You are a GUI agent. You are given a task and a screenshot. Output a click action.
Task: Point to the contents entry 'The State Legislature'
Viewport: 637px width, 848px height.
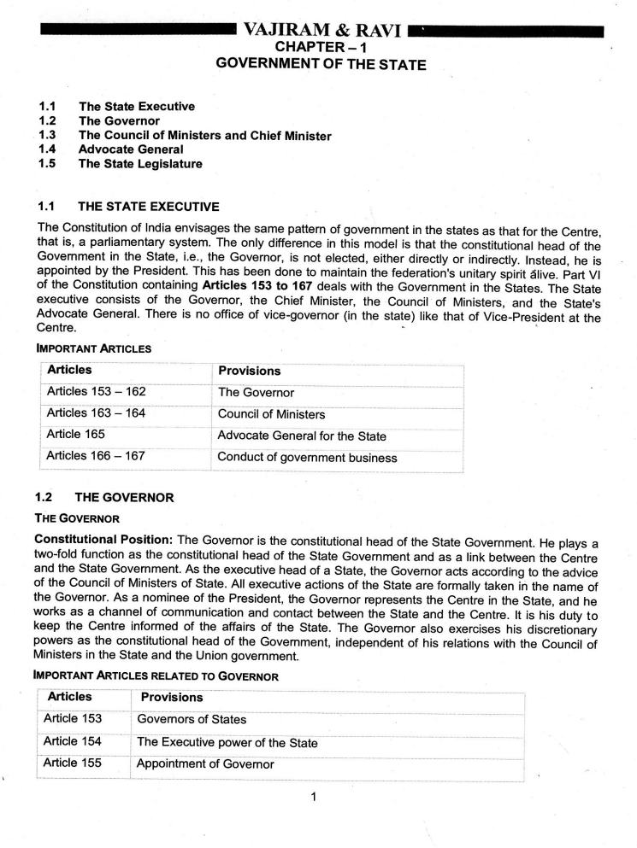click(x=141, y=163)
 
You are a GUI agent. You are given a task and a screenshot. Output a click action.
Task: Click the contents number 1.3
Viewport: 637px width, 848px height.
click(x=47, y=135)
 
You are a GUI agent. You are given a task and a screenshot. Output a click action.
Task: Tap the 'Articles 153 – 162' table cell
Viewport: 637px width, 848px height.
click(x=96, y=392)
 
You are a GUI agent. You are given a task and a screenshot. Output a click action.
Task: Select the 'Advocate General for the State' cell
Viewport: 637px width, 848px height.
click(x=302, y=436)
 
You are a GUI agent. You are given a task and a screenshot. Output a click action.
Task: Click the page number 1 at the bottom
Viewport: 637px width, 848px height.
click(x=315, y=798)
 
